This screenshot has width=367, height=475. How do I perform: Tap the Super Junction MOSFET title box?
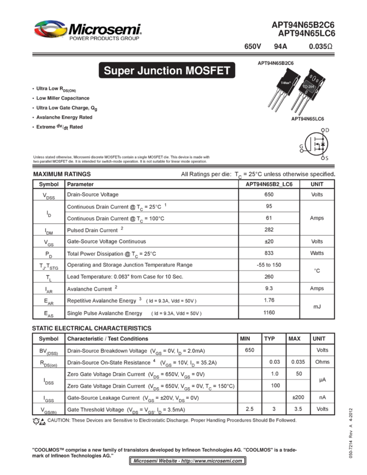[166, 71]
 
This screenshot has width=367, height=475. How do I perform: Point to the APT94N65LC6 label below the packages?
[311, 119]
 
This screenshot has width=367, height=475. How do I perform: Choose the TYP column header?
[269, 339]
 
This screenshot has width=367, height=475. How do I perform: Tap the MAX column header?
[294, 339]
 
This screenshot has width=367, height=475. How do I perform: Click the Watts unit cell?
[317, 253]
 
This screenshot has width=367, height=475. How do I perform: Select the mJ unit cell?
[317, 306]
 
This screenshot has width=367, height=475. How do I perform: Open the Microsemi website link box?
[187, 461]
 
